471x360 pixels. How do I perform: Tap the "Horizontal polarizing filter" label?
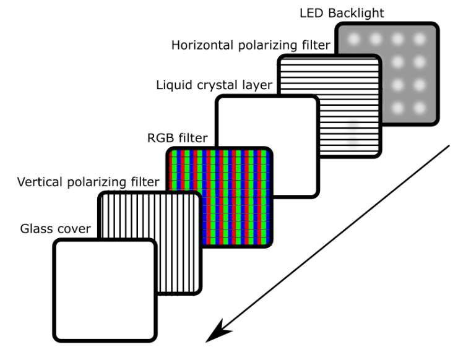(x=251, y=45)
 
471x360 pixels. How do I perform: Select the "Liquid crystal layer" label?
(x=214, y=85)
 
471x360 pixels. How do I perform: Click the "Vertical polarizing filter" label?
(x=89, y=182)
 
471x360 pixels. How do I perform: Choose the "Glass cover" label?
(x=54, y=229)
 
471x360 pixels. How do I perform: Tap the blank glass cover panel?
(x=104, y=290)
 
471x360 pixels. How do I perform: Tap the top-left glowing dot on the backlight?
(x=355, y=39)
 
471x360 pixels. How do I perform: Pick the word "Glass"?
(x=33, y=229)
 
